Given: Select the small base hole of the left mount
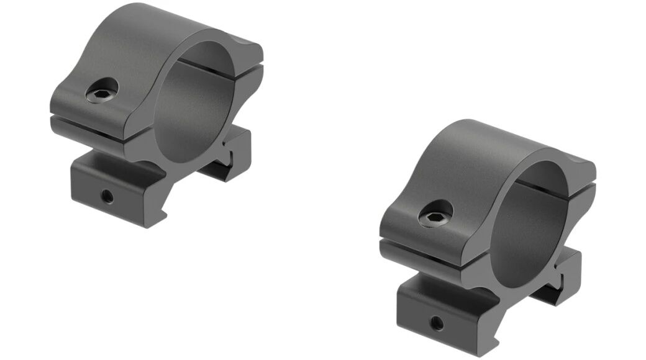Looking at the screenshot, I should [108, 197].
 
